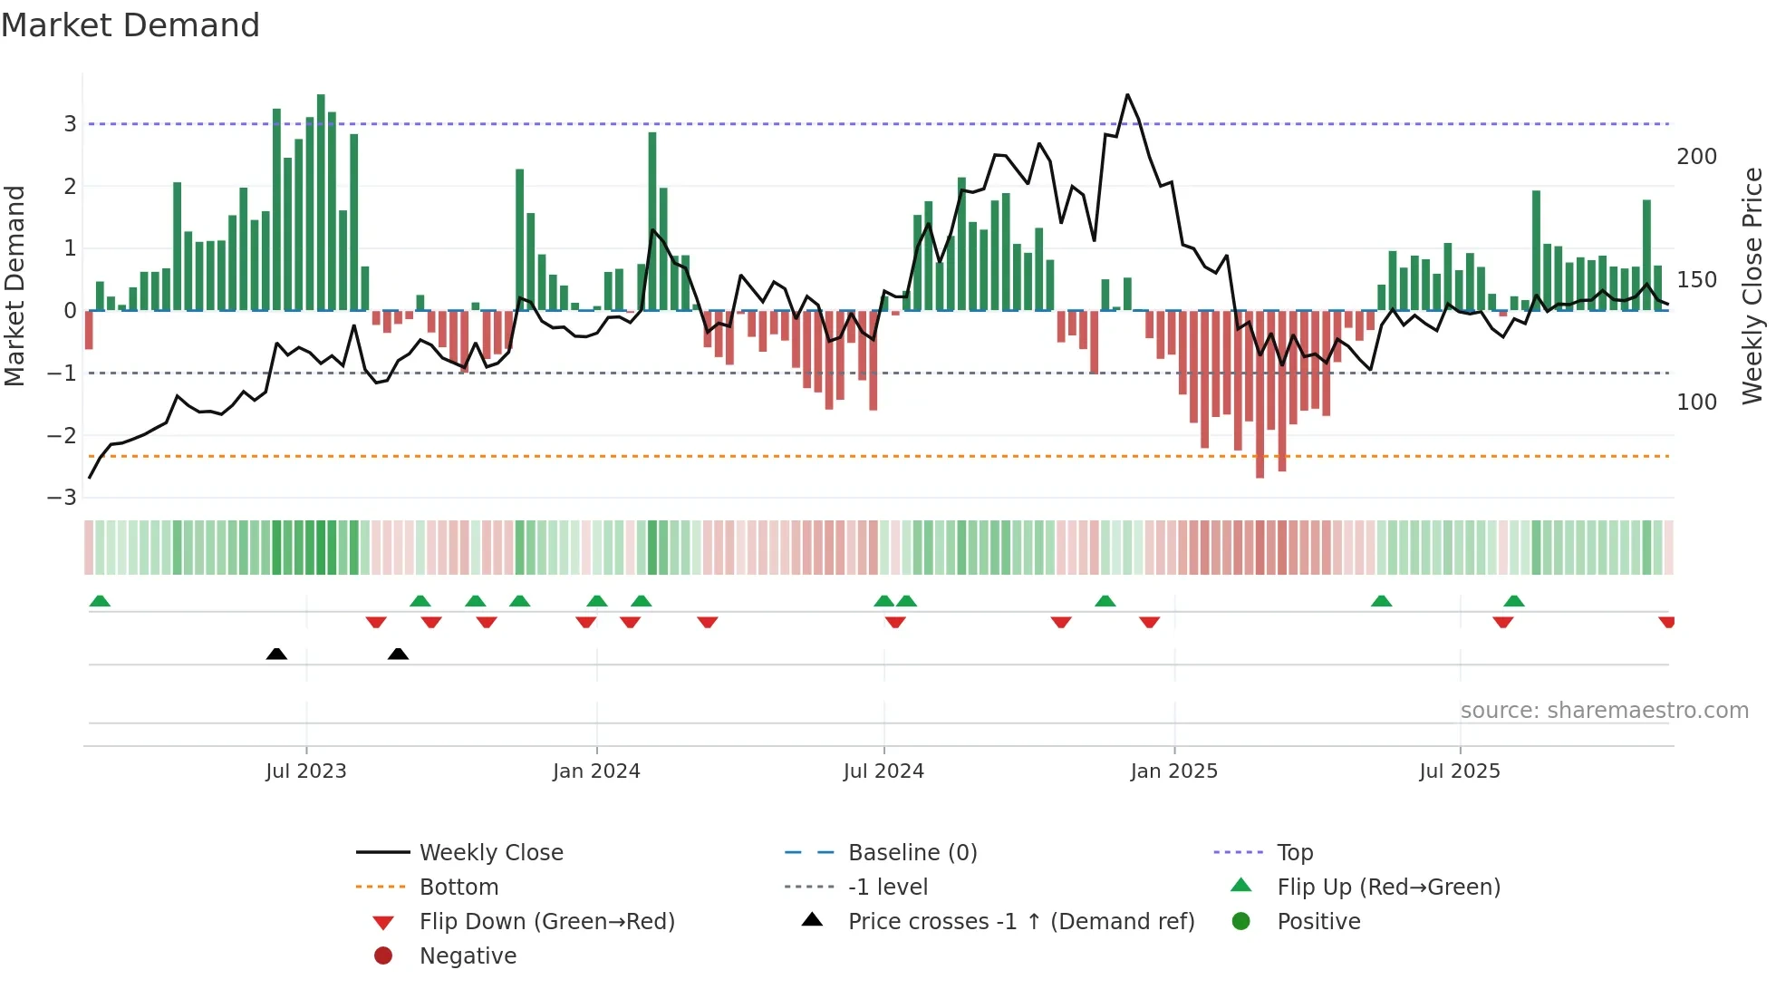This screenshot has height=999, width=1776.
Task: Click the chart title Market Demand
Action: coord(130,25)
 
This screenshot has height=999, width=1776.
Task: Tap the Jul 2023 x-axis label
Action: coord(306,771)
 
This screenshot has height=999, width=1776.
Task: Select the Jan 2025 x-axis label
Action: coord(1173,771)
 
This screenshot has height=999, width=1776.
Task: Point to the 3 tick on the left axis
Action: coord(70,124)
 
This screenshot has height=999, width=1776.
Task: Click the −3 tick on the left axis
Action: coord(63,498)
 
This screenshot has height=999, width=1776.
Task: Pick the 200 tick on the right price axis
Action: coord(1696,157)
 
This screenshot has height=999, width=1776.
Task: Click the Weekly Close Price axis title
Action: coord(1752,286)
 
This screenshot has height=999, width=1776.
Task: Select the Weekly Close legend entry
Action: coord(490,853)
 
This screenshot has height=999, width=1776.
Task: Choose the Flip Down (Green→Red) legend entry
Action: coord(546,922)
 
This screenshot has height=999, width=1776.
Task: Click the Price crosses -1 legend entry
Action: coord(1020,922)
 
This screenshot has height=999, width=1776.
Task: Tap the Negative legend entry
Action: coord(468,956)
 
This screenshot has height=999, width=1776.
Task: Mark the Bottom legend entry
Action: coord(458,887)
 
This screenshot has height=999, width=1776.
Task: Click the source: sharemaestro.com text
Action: coord(1604,711)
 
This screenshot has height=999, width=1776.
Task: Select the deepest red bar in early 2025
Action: coord(1260,394)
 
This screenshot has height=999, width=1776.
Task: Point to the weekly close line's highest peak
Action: coord(1127,95)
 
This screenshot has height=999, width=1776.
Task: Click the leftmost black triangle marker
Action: coord(276,654)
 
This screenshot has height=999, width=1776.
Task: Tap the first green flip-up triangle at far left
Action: coord(100,601)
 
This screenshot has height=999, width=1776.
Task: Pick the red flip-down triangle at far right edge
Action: coord(1666,623)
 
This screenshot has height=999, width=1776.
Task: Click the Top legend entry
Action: coord(1294,853)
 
